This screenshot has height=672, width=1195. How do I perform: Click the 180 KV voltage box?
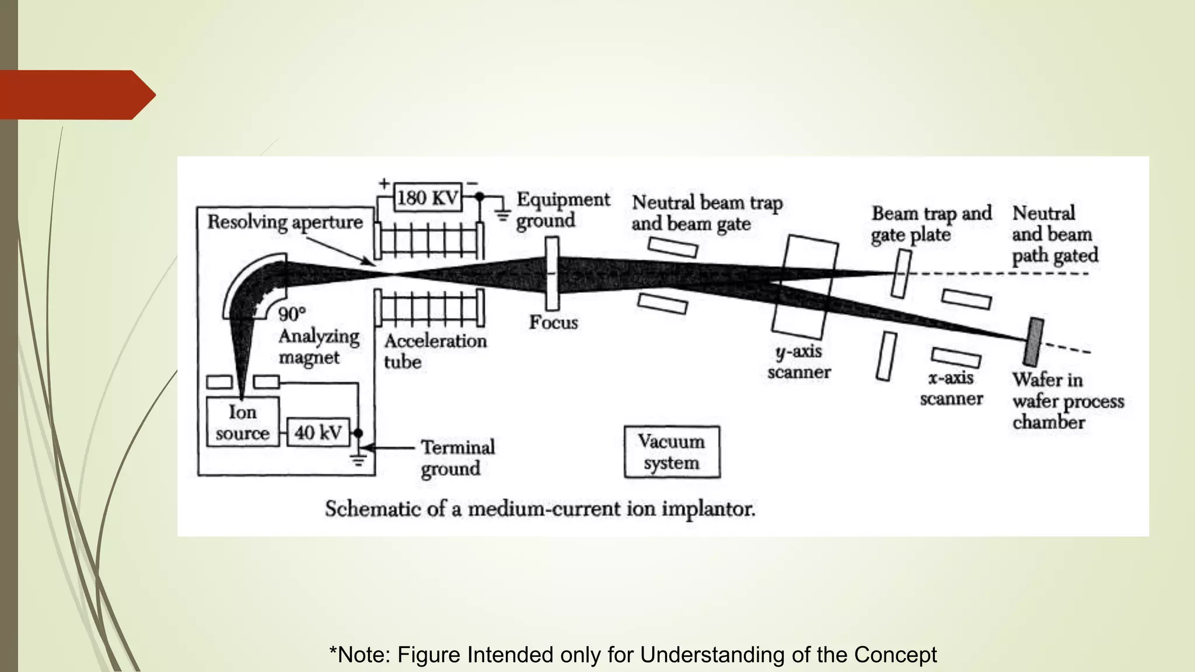click(428, 198)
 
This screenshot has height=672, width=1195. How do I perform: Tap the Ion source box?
click(242, 422)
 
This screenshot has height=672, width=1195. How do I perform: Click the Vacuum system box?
click(672, 452)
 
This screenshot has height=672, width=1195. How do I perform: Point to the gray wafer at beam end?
click(1034, 342)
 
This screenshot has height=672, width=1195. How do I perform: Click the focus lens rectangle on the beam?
click(552, 273)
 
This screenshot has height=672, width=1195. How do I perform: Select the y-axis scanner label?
click(799, 362)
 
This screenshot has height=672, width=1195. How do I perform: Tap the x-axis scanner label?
click(951, 388)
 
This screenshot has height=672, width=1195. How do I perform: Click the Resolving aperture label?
click(285, 222)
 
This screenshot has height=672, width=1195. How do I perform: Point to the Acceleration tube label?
click(435, 351)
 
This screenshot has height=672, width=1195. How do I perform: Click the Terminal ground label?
click(457, 458)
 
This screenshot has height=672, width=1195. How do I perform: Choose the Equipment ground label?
click(562, 210)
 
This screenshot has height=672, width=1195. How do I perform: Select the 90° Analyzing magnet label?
click(318, 337)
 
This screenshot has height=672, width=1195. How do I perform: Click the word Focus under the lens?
click(553, 322)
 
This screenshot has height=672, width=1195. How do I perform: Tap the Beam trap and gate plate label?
click(931, 224)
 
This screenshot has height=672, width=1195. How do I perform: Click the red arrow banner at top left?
click(76, 95)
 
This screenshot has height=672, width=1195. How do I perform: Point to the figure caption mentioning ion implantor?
click(540, 509)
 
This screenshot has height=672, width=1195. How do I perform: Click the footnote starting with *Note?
click(633, 654)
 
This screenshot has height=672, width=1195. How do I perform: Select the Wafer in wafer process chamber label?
click(1067, 401)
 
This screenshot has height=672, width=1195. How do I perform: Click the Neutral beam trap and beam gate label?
click(707, 213)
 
